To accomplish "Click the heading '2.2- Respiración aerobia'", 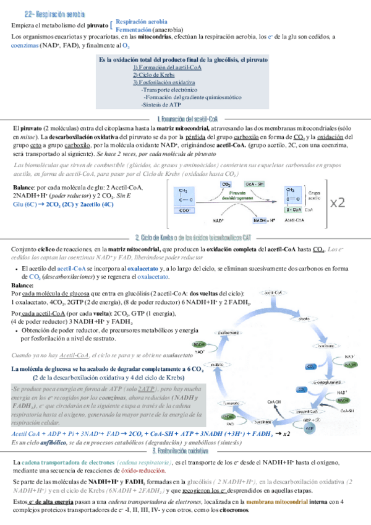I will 55,14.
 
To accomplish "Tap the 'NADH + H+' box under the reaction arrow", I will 267,220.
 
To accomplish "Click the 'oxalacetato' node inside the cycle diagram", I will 229,332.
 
